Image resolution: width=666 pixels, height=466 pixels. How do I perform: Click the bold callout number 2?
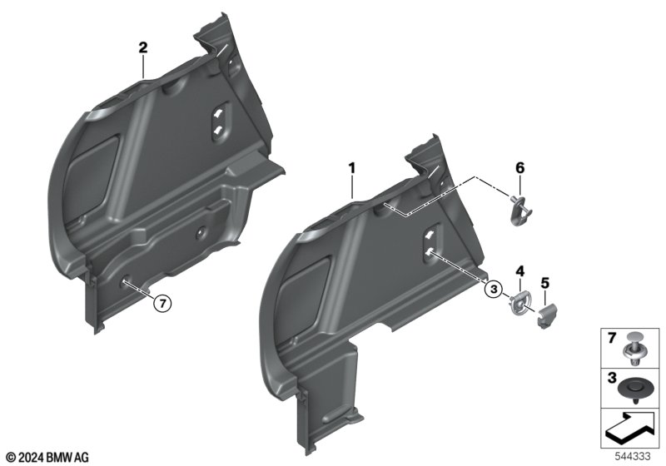point(143,47)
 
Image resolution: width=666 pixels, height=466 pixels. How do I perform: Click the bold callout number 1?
point(351,168)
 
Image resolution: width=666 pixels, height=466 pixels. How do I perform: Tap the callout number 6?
point(520,168)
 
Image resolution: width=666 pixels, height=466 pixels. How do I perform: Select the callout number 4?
point(520,270)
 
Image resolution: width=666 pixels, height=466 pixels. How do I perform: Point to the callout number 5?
point(545,283)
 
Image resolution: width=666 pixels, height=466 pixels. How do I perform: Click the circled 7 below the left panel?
point(162,303)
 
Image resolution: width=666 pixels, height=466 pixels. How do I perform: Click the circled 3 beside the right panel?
point(493,290)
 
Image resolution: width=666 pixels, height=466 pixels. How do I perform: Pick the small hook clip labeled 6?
point(521,210)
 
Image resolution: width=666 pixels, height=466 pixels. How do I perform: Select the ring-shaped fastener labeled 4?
point(521,302)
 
